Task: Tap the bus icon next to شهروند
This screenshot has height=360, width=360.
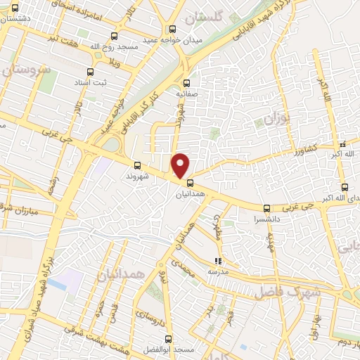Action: pyautogui.click(x=136, y=167)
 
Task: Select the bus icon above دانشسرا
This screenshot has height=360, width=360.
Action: pyautogui.click(x=266, y=208)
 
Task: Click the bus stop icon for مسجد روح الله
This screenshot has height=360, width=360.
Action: pyautogui.click(x=115, y=37)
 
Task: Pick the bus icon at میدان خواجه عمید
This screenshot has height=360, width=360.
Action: pyautogui.click(x=173, y=30)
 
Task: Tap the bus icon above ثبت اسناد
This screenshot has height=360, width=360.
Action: pyautogui.click(x=89, y=72)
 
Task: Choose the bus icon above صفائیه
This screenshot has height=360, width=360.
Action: pyautogui.click(x=186, y=81)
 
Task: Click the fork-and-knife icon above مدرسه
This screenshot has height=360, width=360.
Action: pyautogui.click(x=217, y=262)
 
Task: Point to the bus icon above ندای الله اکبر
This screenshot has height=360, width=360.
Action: pyautogui.click(x=344, y=187)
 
